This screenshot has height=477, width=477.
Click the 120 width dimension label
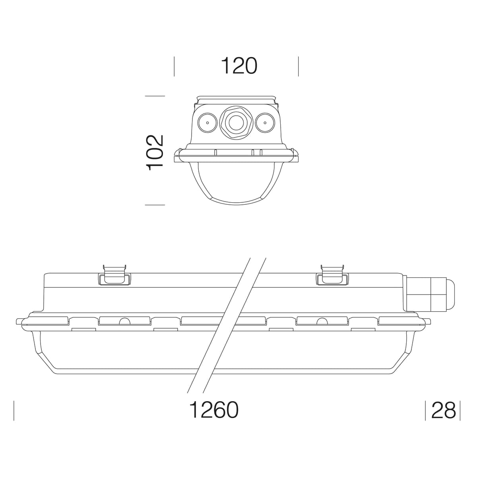[239, 66]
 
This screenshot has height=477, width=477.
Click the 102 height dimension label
[155, 153]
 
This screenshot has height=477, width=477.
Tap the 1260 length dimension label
[214, 410]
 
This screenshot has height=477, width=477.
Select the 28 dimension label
[443, 410]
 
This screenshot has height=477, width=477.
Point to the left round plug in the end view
[207, 122]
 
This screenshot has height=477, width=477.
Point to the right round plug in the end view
[265, 122]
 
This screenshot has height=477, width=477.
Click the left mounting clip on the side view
[114, 275]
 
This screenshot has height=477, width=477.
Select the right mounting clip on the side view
[332, 275]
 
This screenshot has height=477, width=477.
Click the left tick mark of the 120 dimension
[174, 66]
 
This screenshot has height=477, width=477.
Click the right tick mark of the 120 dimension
[298, 66]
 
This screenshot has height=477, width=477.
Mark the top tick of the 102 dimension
[155, 96]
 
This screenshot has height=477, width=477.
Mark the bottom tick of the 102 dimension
[155, 205]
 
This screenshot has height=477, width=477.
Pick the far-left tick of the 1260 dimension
[14, 410]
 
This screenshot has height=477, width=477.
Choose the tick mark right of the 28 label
[460, 410]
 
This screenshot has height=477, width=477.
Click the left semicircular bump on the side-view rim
[125, 321]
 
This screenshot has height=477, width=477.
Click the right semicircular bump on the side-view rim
[322, 321]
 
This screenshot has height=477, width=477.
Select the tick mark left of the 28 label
[425, 410]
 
